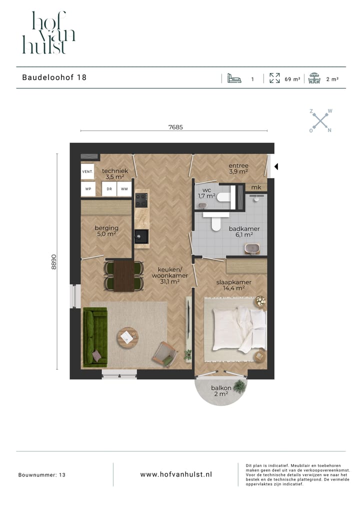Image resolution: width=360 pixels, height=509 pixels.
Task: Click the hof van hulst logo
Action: pos(48,32)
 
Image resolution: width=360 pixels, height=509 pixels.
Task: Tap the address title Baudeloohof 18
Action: pos(54,77)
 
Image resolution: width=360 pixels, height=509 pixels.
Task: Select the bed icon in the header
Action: pos(234,78)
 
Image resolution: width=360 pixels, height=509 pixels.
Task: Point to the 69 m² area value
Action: pos(292,79)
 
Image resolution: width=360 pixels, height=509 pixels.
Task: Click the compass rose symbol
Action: pos(320,120)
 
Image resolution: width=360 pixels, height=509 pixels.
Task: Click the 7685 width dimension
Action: pos(175,127)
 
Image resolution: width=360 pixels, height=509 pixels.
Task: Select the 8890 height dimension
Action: pos(53,261)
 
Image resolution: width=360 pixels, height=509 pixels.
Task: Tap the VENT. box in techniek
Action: pos(87,171)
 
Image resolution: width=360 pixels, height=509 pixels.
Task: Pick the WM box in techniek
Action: pos(124,189)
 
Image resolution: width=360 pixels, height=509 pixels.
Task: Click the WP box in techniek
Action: pos(87,189)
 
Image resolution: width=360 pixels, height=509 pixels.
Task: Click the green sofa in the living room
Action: pos(95,337)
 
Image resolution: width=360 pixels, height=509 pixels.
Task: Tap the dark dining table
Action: pos(123,275)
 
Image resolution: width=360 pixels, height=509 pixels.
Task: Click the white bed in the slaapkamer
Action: pos(239,329)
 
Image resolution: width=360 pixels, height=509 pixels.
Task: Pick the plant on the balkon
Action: pos(240,385)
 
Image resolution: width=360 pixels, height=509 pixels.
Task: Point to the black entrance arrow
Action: pos(276,166)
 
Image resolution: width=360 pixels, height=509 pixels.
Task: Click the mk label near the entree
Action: pos(256,187)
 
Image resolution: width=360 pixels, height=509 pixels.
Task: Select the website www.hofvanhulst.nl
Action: pos(176,474)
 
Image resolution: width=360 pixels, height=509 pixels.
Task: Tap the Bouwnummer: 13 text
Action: pos(42,474)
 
